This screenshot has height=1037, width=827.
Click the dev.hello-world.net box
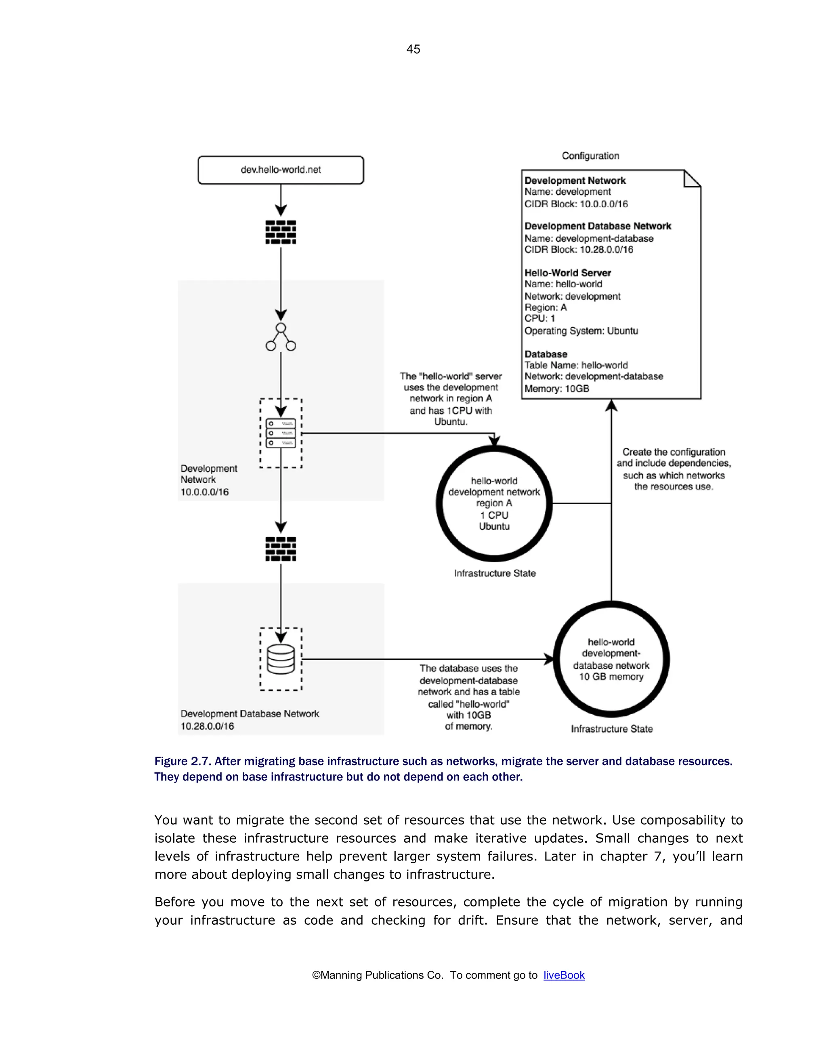[280, 170]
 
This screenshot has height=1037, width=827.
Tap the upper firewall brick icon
[280, 232]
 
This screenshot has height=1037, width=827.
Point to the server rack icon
[280, 433]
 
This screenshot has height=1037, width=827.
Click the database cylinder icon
[280, 659]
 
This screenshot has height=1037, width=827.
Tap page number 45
[413, 49]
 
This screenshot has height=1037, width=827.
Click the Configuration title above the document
[590, 156]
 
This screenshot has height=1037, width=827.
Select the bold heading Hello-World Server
[567, 273]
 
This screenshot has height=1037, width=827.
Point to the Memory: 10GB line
[556, 389]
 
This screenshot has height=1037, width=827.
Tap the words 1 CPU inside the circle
[494, 515]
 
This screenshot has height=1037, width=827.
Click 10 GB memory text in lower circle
[611, 677]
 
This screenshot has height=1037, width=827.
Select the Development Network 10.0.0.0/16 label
[208, 480]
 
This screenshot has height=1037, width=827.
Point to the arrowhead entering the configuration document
[611, 406]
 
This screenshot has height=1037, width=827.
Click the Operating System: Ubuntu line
[581, 331]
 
